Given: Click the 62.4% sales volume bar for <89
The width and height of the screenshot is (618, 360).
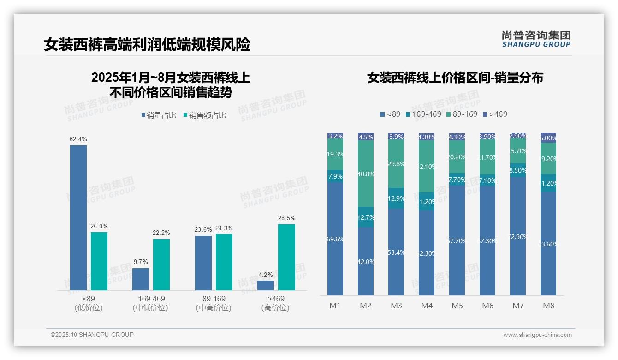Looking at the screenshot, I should [x=78, y=217].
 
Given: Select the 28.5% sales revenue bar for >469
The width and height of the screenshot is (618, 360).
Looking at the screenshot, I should [x=286, y=257].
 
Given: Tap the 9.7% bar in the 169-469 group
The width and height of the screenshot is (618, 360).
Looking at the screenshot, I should [x=141, y=279].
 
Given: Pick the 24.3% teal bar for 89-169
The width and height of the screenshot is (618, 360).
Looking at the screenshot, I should [x=224, y=262].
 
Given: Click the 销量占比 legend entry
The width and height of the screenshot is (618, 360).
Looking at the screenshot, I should [x=158, y=115].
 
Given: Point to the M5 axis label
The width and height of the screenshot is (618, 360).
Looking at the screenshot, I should [x=457, y=306].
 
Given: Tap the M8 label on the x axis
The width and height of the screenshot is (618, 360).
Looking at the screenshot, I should [x=548, y=306].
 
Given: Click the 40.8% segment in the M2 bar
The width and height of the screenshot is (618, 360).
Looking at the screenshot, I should [x=366, y=174].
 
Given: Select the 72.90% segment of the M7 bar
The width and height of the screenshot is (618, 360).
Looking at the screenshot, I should [x=518, y=236].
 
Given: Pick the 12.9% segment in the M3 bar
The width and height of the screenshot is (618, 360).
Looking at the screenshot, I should [x=396, y=198].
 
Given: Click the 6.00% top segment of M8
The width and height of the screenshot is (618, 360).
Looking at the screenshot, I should [x=548, y=138].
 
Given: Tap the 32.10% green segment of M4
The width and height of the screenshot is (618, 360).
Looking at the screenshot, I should [x=427, y=166].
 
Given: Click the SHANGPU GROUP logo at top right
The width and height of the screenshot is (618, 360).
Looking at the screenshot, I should [x=536, y=39].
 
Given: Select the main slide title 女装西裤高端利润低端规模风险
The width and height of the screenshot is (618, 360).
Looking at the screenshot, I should [x=147, y=45].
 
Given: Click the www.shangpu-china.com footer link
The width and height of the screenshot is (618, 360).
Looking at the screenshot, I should [x=537, y=335].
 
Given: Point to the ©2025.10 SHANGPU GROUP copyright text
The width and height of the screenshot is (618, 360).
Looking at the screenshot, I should [x=92, y=335].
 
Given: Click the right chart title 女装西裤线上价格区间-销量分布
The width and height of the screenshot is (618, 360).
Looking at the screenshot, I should [x=455, y=78].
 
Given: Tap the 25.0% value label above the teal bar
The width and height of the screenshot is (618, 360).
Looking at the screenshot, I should [x=99, y=226].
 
